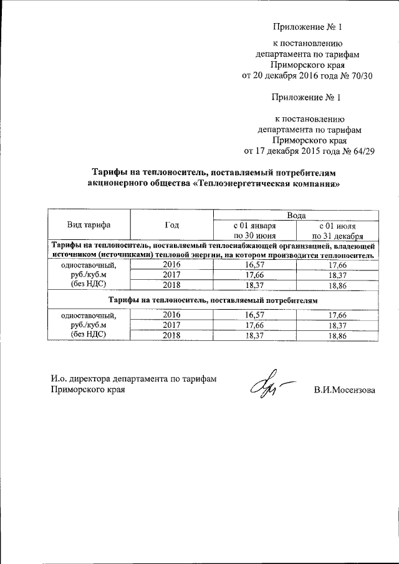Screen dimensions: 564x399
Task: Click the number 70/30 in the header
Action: point(360,77)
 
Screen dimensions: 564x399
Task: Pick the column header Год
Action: point(171,225)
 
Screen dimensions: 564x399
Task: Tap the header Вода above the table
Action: point(296,214)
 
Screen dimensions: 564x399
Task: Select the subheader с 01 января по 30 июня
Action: point(254,231)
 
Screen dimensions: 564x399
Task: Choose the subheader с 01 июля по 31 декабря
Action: point(337,231)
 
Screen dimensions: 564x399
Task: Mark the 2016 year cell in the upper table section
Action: point(171,264)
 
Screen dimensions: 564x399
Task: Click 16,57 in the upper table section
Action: point(254,264)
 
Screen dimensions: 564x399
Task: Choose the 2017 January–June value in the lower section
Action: point(254,325)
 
